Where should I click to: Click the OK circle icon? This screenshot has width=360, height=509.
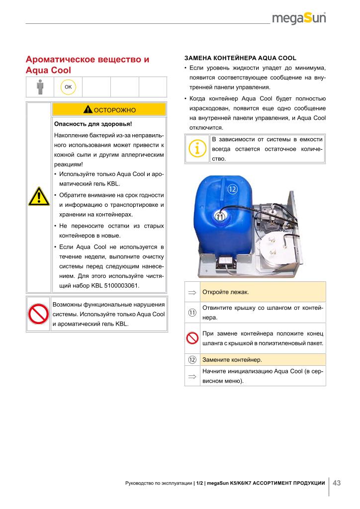point(68,87)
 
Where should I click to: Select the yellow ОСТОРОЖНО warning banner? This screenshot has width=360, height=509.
point(108,109)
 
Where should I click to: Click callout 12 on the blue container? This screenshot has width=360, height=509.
point(233,189)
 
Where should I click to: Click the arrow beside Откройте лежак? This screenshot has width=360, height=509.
point(192,292)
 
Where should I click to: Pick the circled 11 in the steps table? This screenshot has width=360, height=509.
point(192,312)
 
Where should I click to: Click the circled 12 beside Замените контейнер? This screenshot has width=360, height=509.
point(192,359)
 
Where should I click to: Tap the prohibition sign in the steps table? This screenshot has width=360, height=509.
point(192,338)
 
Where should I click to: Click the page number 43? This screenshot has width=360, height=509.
point(337,483)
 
